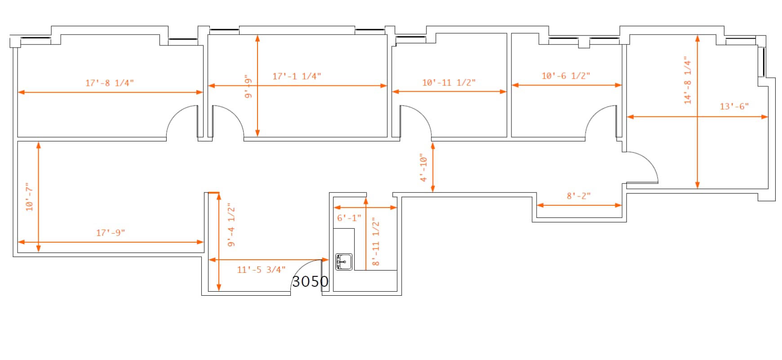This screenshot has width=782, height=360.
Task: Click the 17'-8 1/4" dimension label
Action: click(110, 83)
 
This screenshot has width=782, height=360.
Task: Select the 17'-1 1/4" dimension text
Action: click(297, 76)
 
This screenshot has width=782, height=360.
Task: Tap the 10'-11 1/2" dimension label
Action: click(449, 83)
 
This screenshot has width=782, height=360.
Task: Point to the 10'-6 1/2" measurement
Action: click(566, 76)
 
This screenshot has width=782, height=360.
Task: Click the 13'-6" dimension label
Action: click(734, 107)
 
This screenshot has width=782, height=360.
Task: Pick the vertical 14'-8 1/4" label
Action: click(688, 80)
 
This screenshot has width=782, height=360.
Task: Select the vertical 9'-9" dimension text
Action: click(248, 86)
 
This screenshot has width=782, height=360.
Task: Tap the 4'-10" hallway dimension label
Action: click(423, 168)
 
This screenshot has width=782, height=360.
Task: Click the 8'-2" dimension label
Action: click(578, 196)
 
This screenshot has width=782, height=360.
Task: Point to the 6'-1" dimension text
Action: click(349, 218)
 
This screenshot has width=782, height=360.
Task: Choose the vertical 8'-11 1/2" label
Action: click(376, 241)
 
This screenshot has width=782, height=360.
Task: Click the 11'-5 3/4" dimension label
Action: click(261, 270)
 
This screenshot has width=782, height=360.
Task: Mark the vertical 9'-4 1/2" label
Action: click(231, 225)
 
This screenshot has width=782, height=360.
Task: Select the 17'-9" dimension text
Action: click(111, 233)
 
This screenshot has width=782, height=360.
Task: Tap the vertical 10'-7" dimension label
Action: click(30, 197)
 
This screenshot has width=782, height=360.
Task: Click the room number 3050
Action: click(310, 281)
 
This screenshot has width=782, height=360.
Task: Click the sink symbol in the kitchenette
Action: click(344, 262)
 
